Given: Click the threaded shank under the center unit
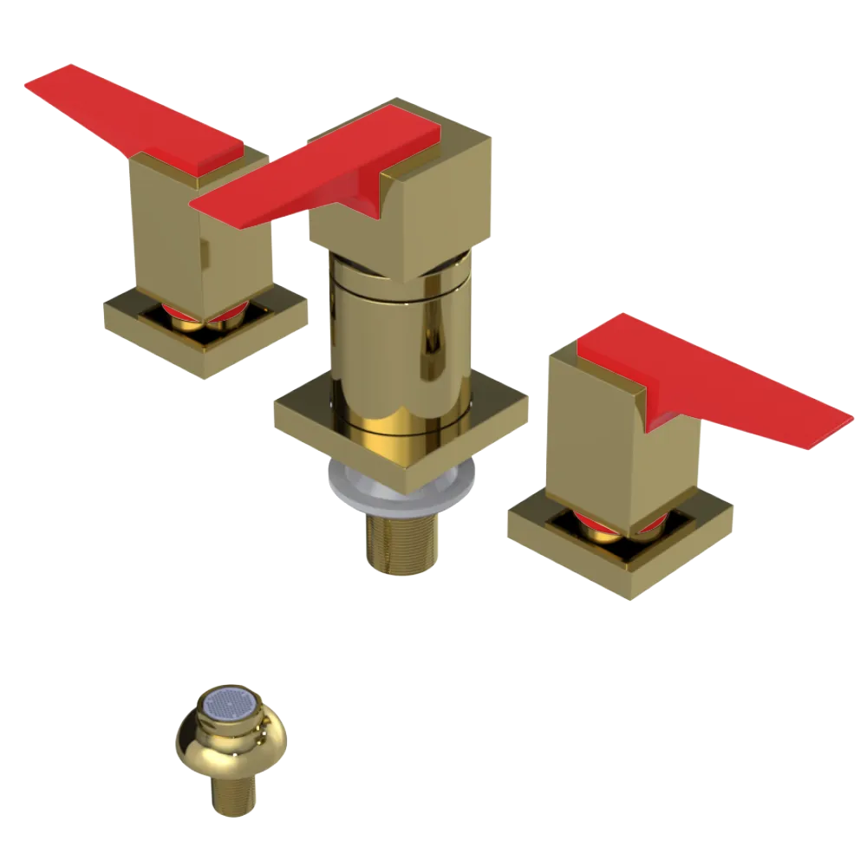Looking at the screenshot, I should [x=401, y=542].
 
